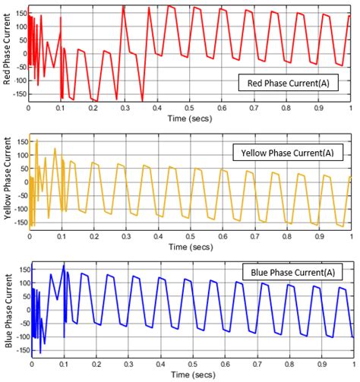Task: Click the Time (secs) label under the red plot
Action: point(189,119)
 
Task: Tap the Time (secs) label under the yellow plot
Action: point(189,247)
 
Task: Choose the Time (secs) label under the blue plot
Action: point(189,375)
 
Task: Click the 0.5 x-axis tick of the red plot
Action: point(190,108)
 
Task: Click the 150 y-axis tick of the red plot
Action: point(18,15)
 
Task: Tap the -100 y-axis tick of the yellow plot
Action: point(17,209)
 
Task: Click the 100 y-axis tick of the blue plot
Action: point(18,283)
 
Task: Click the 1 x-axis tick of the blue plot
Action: point(351,364)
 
